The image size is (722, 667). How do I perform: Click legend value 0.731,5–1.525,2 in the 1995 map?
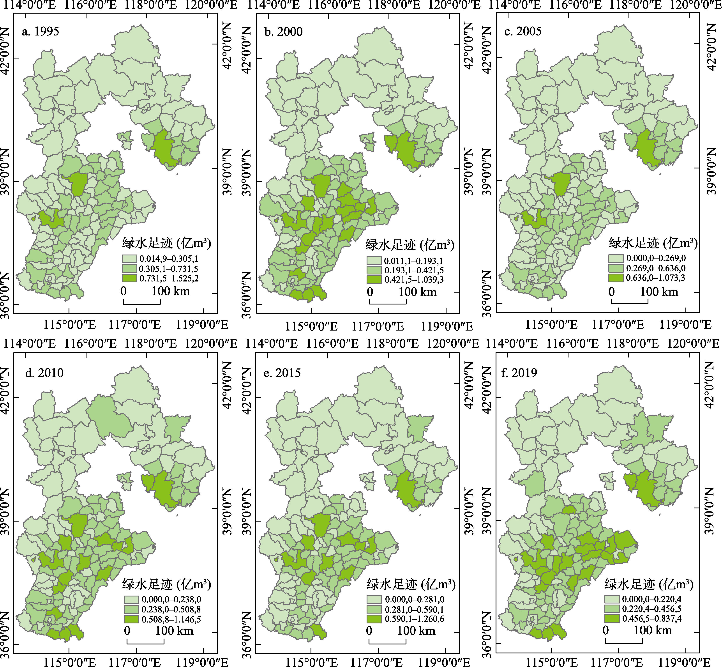click(169, 278)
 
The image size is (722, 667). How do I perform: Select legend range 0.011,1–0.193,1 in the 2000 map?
click(413, 261)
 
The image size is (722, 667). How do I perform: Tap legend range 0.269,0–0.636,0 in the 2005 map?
click(656, 268)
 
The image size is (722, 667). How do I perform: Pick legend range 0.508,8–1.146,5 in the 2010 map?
click(171, 619)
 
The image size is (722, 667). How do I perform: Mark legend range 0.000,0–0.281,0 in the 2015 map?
click(415, 600)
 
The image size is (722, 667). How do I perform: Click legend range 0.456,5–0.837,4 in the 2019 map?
click(652, 618)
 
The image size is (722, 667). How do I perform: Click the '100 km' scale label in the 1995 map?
click(171, 291)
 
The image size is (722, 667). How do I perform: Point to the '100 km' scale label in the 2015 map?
click(416, 631)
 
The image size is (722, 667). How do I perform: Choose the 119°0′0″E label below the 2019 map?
click(685, 662)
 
